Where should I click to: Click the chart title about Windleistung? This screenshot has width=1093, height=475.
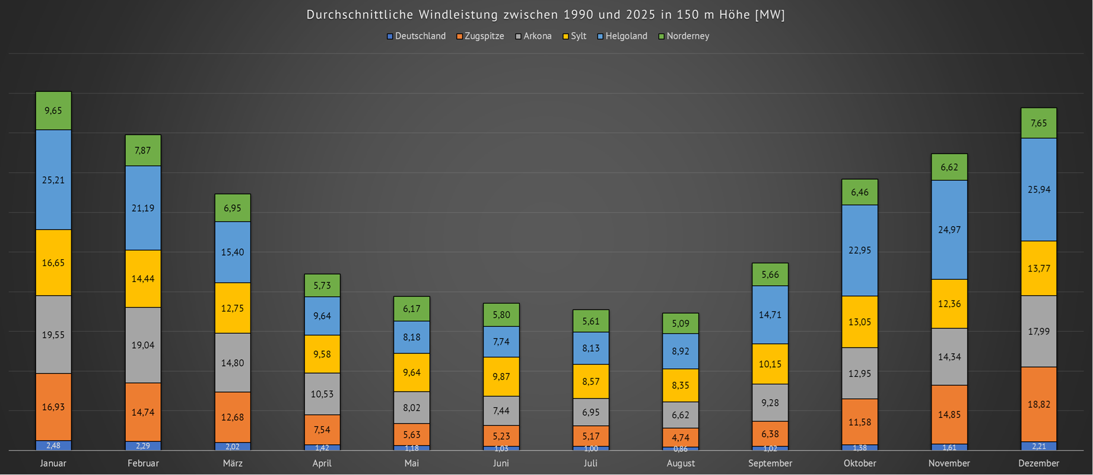(545, 15)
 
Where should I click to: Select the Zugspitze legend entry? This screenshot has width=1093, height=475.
(480, 36)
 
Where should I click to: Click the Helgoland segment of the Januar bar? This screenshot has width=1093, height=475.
(53, 180)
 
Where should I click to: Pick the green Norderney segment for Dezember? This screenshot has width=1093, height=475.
(1038, 123)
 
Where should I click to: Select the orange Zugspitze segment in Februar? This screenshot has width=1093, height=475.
(143, 412)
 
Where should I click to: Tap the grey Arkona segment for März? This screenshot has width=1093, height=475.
(233, 363)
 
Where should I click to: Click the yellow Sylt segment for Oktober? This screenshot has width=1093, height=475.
(860, 322)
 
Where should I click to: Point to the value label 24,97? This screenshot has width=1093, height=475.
(949, 229)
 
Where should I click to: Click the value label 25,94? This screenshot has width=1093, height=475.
(1038, 190)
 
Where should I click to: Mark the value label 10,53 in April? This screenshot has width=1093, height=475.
(322, 394)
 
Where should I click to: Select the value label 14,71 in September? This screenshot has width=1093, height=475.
(770, 315)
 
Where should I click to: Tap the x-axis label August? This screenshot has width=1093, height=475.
(680, 463)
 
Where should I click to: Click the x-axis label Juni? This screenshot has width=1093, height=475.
(501, 463)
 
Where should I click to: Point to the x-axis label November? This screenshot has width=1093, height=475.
(949, 463)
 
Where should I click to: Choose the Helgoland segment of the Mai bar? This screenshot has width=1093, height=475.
(412, 337)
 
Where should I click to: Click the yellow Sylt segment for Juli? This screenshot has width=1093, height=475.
(590, 381)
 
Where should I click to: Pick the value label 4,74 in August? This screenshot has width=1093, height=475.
(680, 438)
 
